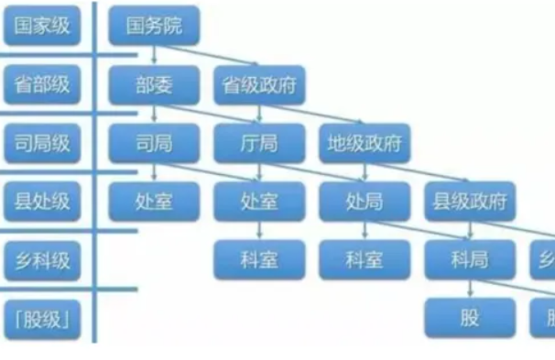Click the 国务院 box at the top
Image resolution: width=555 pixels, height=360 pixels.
click(154, 27)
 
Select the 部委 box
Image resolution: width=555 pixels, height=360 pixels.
click(154, 85)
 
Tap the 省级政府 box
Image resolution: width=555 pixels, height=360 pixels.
click(259, 85)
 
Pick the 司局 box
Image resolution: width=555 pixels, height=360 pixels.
click(154, 142)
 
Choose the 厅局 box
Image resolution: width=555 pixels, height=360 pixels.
click(259, 142)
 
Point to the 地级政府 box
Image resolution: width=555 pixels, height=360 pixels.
click(365, 142)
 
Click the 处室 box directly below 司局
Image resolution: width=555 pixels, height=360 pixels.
click(154, 201)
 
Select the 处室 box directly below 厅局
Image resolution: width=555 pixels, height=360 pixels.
click(259, 201)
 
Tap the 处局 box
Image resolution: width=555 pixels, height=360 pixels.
click(365, 201)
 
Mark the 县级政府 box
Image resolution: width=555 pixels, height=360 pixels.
click(470, 201)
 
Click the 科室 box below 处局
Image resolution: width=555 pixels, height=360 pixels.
click(365, 259)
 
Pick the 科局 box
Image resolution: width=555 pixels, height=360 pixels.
click(470, 259)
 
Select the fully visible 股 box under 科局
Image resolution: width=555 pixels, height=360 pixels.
click(470, 318)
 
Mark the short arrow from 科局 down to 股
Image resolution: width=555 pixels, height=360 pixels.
click(470, 288)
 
